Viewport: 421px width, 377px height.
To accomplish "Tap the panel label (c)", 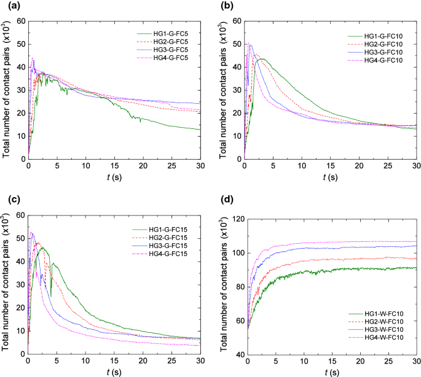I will pos(8,200).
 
